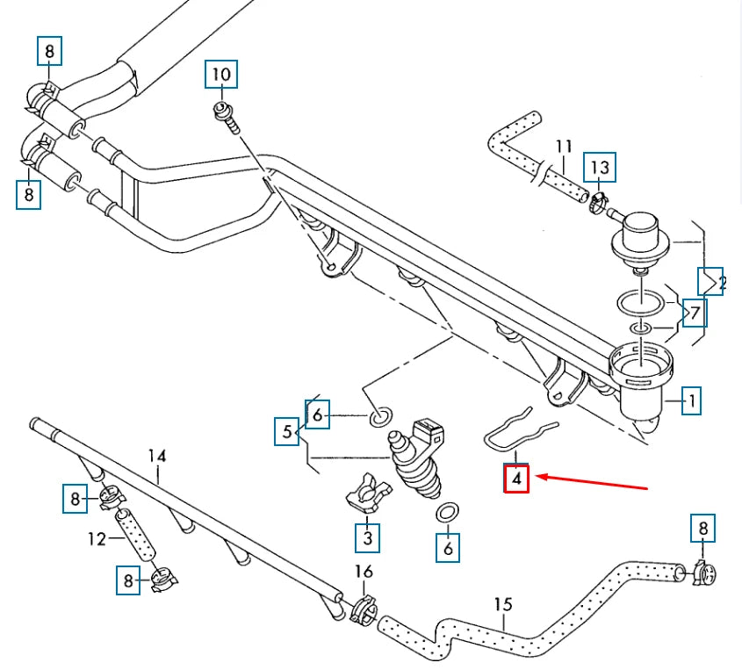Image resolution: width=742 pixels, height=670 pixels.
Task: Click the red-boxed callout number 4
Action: pos(516,479)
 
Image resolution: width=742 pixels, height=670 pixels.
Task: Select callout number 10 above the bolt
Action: pos(221,75)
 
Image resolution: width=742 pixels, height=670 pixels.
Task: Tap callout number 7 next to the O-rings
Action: pos(694,312)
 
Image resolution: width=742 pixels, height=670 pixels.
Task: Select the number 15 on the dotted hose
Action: pos(502,604)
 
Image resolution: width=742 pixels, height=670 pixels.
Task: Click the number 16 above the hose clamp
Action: pos(363,573)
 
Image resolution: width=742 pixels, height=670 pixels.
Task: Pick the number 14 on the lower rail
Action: pos(156,456)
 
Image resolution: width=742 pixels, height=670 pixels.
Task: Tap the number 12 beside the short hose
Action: pos(99,537)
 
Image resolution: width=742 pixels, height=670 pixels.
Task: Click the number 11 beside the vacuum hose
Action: pos(564,146)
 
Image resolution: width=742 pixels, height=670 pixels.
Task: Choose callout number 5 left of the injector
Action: pos(286,432)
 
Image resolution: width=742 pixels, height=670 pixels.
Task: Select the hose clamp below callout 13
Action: pos(600,203)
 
